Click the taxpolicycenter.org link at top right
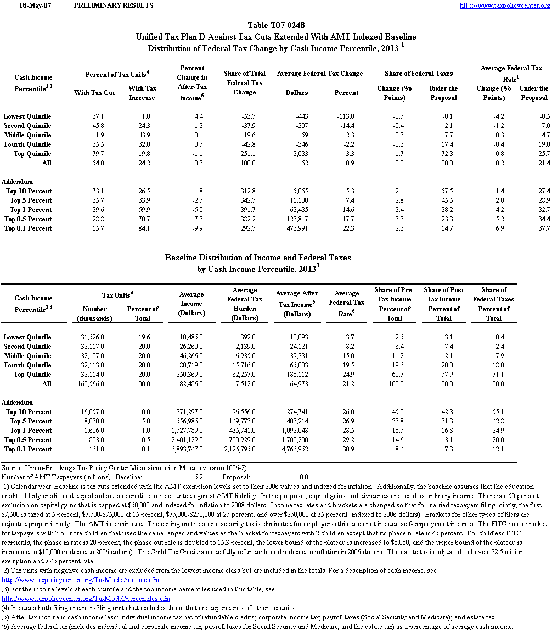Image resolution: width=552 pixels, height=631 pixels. coord(504,5)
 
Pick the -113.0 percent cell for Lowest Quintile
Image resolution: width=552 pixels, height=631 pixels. coord(346,116)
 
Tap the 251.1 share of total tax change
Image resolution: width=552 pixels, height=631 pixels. coord(256,154)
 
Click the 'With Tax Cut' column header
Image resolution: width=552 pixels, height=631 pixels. coord(94,93)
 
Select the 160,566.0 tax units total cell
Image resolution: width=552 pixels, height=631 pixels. coord(94,384)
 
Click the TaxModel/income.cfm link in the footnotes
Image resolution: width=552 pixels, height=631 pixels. coord(81,580)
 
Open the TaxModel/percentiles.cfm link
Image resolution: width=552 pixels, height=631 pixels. coord(86,599)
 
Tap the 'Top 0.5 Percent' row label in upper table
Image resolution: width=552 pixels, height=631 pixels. coord(29,219)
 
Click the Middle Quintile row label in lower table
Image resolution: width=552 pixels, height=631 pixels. coord(27,356)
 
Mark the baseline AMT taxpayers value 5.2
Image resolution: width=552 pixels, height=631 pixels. coord(199,477)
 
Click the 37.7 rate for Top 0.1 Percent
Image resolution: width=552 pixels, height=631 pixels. coord(543,228)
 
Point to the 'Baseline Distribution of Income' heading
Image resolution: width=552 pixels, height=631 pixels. coord(258,258)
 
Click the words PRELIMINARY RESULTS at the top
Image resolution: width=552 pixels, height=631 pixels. coord(113,5)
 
